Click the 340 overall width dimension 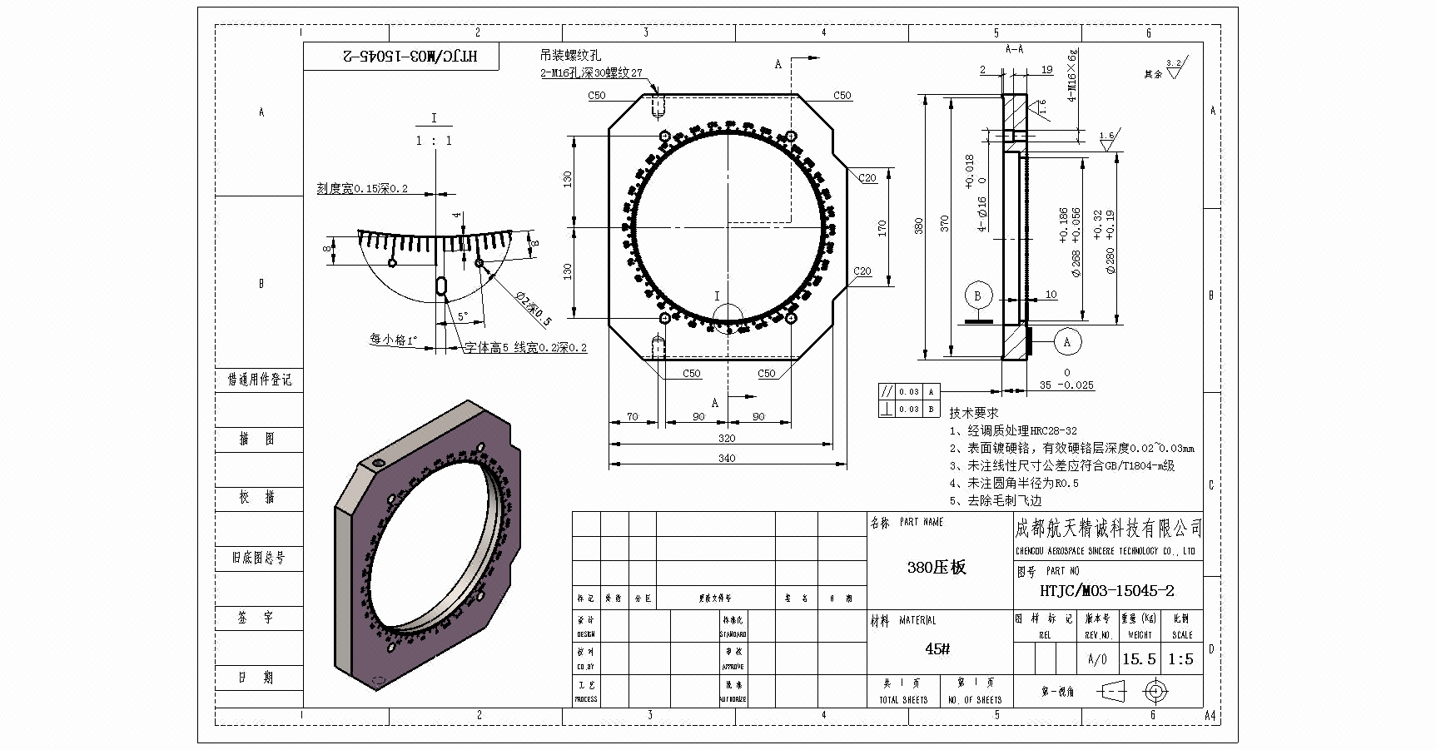point(727,459)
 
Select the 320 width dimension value point(727,439)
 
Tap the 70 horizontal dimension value point(633,417)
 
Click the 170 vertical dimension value point(882,227)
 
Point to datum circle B point(977,296)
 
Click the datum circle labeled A point(1067,341)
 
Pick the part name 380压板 point(937,568)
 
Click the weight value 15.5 point(1139,659)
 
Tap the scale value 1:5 point(1180,659)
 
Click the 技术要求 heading point(973,413)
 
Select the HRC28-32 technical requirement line point(1013,431)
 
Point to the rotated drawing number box point(401,57)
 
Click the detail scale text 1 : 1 point(434,141)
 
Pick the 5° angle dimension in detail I point(463,316)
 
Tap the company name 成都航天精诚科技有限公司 point(1108,529)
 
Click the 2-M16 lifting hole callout point(591,73)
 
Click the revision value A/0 point(1098,660)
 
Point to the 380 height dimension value point(919,226)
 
